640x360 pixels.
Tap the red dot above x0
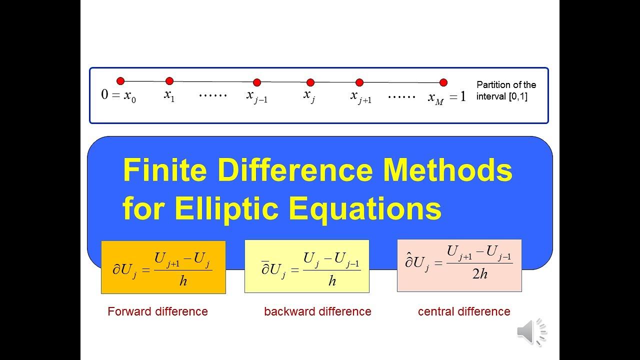[120, 81]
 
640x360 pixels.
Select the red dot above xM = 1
[443, 82]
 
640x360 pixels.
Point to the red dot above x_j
[310, 82]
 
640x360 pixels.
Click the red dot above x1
[169, 81]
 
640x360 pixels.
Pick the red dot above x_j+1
[359, 82]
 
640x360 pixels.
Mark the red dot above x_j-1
[257, 82]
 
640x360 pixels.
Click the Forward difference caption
[157, 311]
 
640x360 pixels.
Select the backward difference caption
[317, 311]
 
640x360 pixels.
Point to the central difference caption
[464, 311]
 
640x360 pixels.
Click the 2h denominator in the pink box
[480, 274]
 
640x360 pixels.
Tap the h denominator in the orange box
[183, 281]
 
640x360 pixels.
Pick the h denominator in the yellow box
[332, 281]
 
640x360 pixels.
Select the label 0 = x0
[118, 95]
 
